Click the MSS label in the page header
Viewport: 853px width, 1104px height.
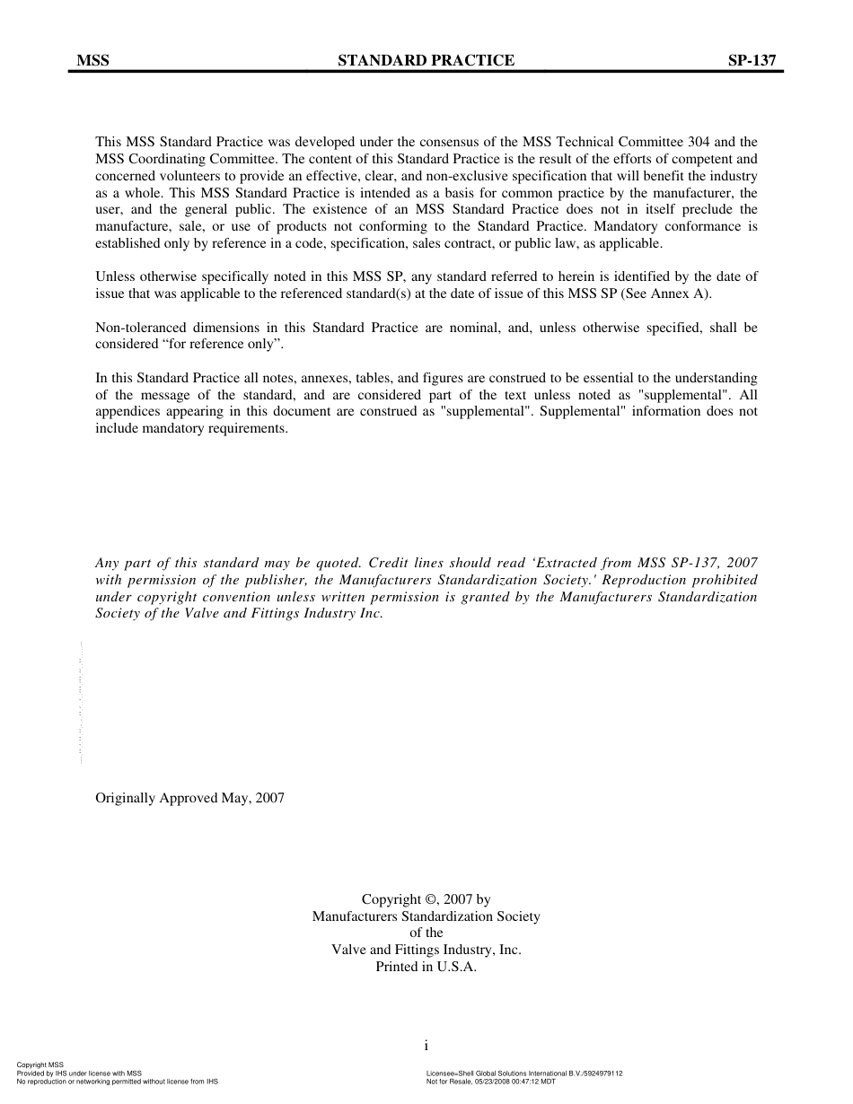[x=92, y=61]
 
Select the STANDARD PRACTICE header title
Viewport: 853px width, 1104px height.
[x=426, y=61]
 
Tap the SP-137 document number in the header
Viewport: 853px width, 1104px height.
[x=752, y=61]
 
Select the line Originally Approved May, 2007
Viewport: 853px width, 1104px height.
[x=189, y=798]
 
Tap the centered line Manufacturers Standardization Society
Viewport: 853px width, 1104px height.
[x=426, y=916]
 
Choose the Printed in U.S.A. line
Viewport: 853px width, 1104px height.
[x=426, y=968]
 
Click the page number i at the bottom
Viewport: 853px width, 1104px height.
[x=426, y=1046]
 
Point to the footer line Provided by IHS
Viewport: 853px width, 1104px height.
[x=79, y=1073]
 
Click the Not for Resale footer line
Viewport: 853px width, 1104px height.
[x=490, y=1082]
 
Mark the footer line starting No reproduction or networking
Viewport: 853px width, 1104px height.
[x=117, y=1082]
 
